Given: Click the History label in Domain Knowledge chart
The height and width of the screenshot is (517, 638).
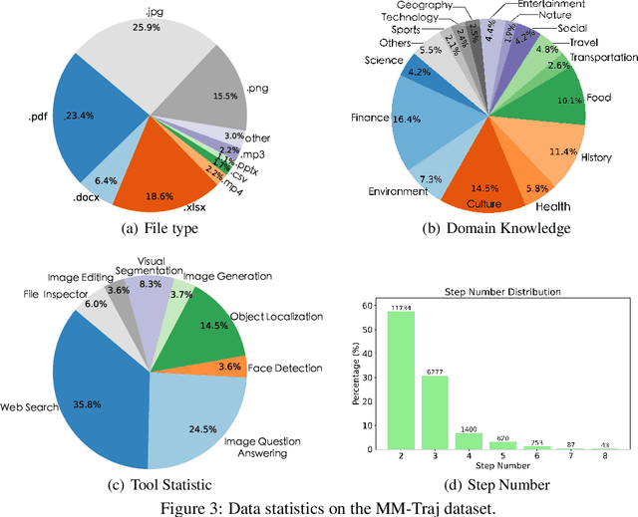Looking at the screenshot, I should tap(597, 157).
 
